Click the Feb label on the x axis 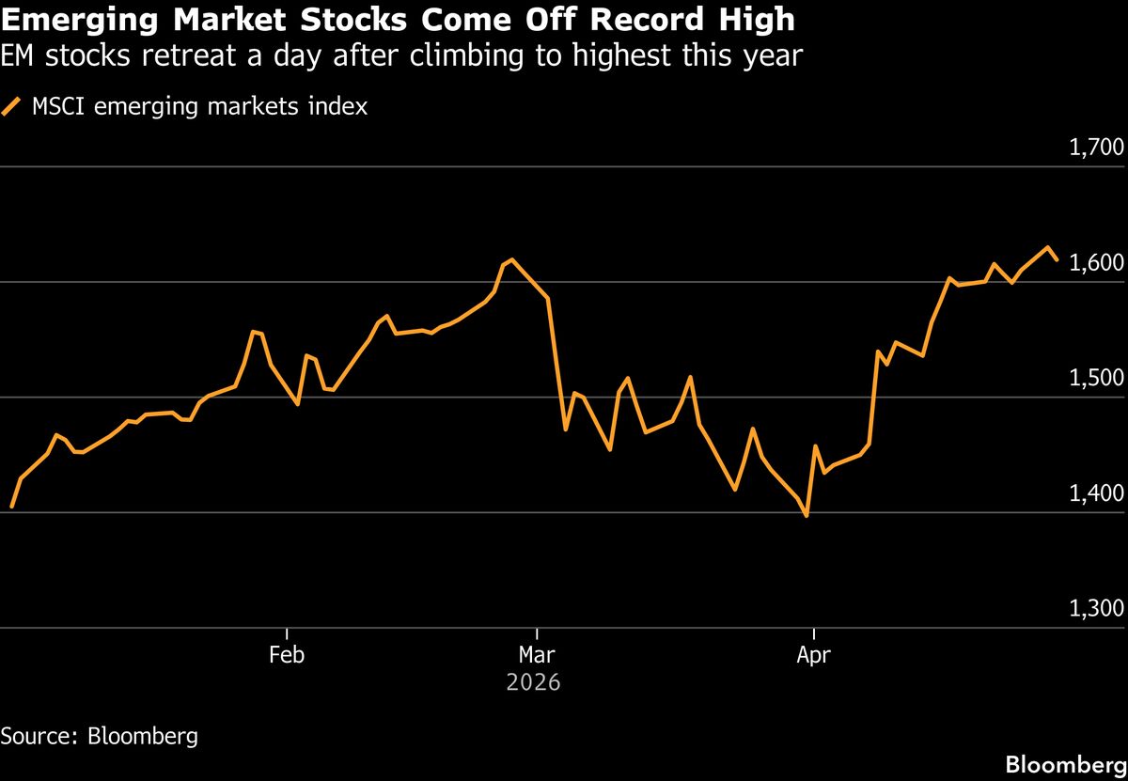tap(286, 655)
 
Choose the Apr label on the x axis tap(813, 655)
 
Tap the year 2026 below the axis tap(533, 682)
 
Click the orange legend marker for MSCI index tap(12, 107)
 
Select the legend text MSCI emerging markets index tap(199, 107)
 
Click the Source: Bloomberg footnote tap(100, 735)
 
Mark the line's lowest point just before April tap(807, 515)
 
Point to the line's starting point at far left tap(11, 508)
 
